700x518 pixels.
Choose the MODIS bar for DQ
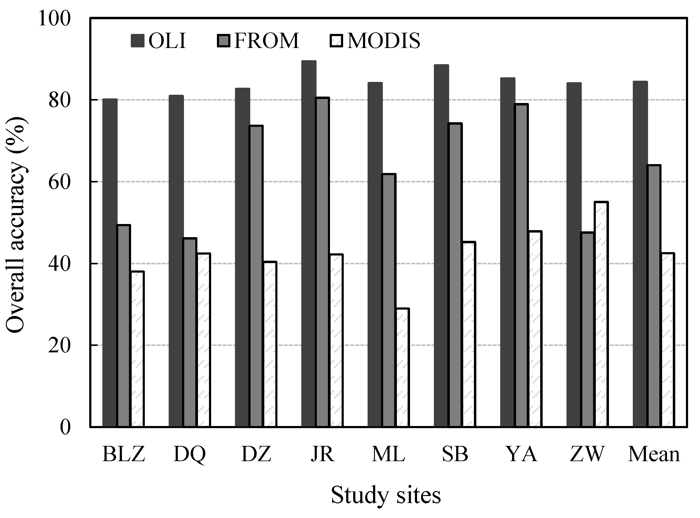pos(203,340)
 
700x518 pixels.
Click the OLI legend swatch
pos(137,41)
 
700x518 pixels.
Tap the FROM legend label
pos(266,41)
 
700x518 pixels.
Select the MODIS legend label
pos(384,41)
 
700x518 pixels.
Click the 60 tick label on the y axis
pos(59,182)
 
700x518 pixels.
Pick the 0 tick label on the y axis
pos(65,427)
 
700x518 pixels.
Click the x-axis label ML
pos(388,454)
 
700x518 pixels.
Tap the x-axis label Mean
pos(654,454)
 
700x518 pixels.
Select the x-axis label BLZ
pos(124,454)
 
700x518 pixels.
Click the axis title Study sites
pos(386,495)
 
